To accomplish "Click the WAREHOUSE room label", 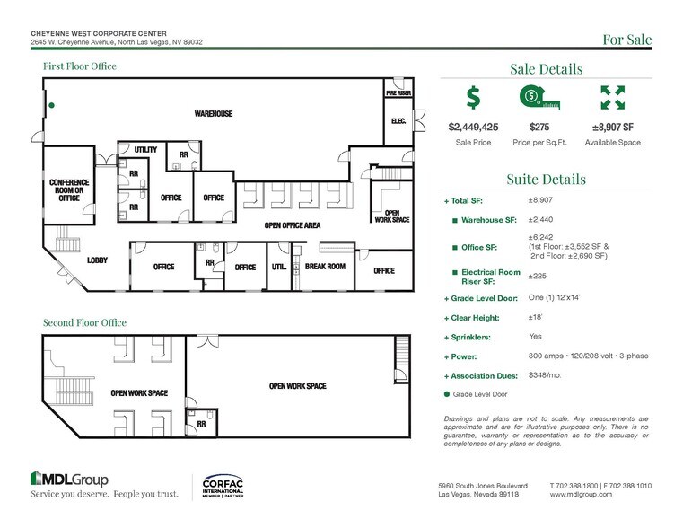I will pyautogui.click(x=214, y=114).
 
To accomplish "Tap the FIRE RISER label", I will pyautogui.click(x=398, y=93).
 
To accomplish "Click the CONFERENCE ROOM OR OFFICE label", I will pyautogui.click(x=68, y=189).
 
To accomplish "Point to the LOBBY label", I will pyautogui.click(x=98, y=260).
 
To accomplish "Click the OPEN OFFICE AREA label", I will pyautogui.click(x=292, y=225).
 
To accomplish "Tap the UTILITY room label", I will pyautogui.click(x=145, y=149).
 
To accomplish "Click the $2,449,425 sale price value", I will pyautogui.click(x=474, y=128).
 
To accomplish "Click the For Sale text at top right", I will pyautogui.click(x=626, y=40).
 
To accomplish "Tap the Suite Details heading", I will pyautogui.click(x=547, y=179).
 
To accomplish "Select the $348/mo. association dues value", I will pyautogui.click(x=546, y=375).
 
